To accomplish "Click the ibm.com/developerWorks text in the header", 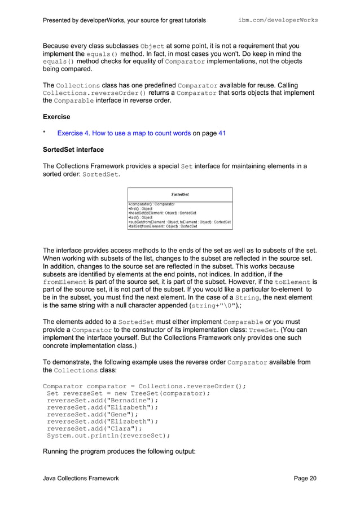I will [278, 20].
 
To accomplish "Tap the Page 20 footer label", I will [305, 479].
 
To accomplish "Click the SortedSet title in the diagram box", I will [180, 194].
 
